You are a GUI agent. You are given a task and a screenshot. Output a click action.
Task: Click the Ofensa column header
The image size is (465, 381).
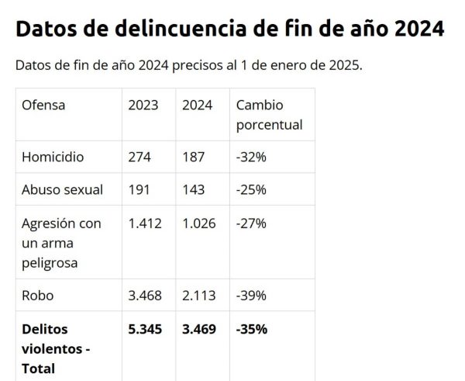coord(43,105)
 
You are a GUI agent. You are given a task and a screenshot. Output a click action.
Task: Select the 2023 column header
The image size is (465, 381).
coord(143,105)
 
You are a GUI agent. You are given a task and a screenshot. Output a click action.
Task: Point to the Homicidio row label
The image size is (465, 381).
coord(53,157)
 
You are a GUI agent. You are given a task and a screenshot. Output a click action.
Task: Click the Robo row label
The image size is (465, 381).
coord(38,295)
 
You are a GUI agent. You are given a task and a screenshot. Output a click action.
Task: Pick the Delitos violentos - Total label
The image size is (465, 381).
coord(56,348)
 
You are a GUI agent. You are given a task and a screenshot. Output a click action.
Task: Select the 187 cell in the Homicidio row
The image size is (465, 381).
coord(193,157)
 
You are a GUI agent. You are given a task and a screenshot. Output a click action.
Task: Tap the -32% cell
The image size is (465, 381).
coord(251,157)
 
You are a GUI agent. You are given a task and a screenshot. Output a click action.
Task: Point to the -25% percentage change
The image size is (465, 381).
coord(251,189)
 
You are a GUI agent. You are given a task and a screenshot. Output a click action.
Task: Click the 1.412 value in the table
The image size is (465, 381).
coord(145,223)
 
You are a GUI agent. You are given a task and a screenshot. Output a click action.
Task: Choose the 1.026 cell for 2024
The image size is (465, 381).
coord(199,223)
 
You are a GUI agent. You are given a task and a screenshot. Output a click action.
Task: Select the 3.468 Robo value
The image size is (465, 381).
coord(145,295)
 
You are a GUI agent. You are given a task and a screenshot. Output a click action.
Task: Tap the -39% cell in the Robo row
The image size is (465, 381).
coord(251,295)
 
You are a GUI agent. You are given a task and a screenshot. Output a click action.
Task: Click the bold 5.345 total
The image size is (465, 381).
coord(146,328)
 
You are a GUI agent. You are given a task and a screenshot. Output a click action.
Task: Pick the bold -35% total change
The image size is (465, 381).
coord(252,328)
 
